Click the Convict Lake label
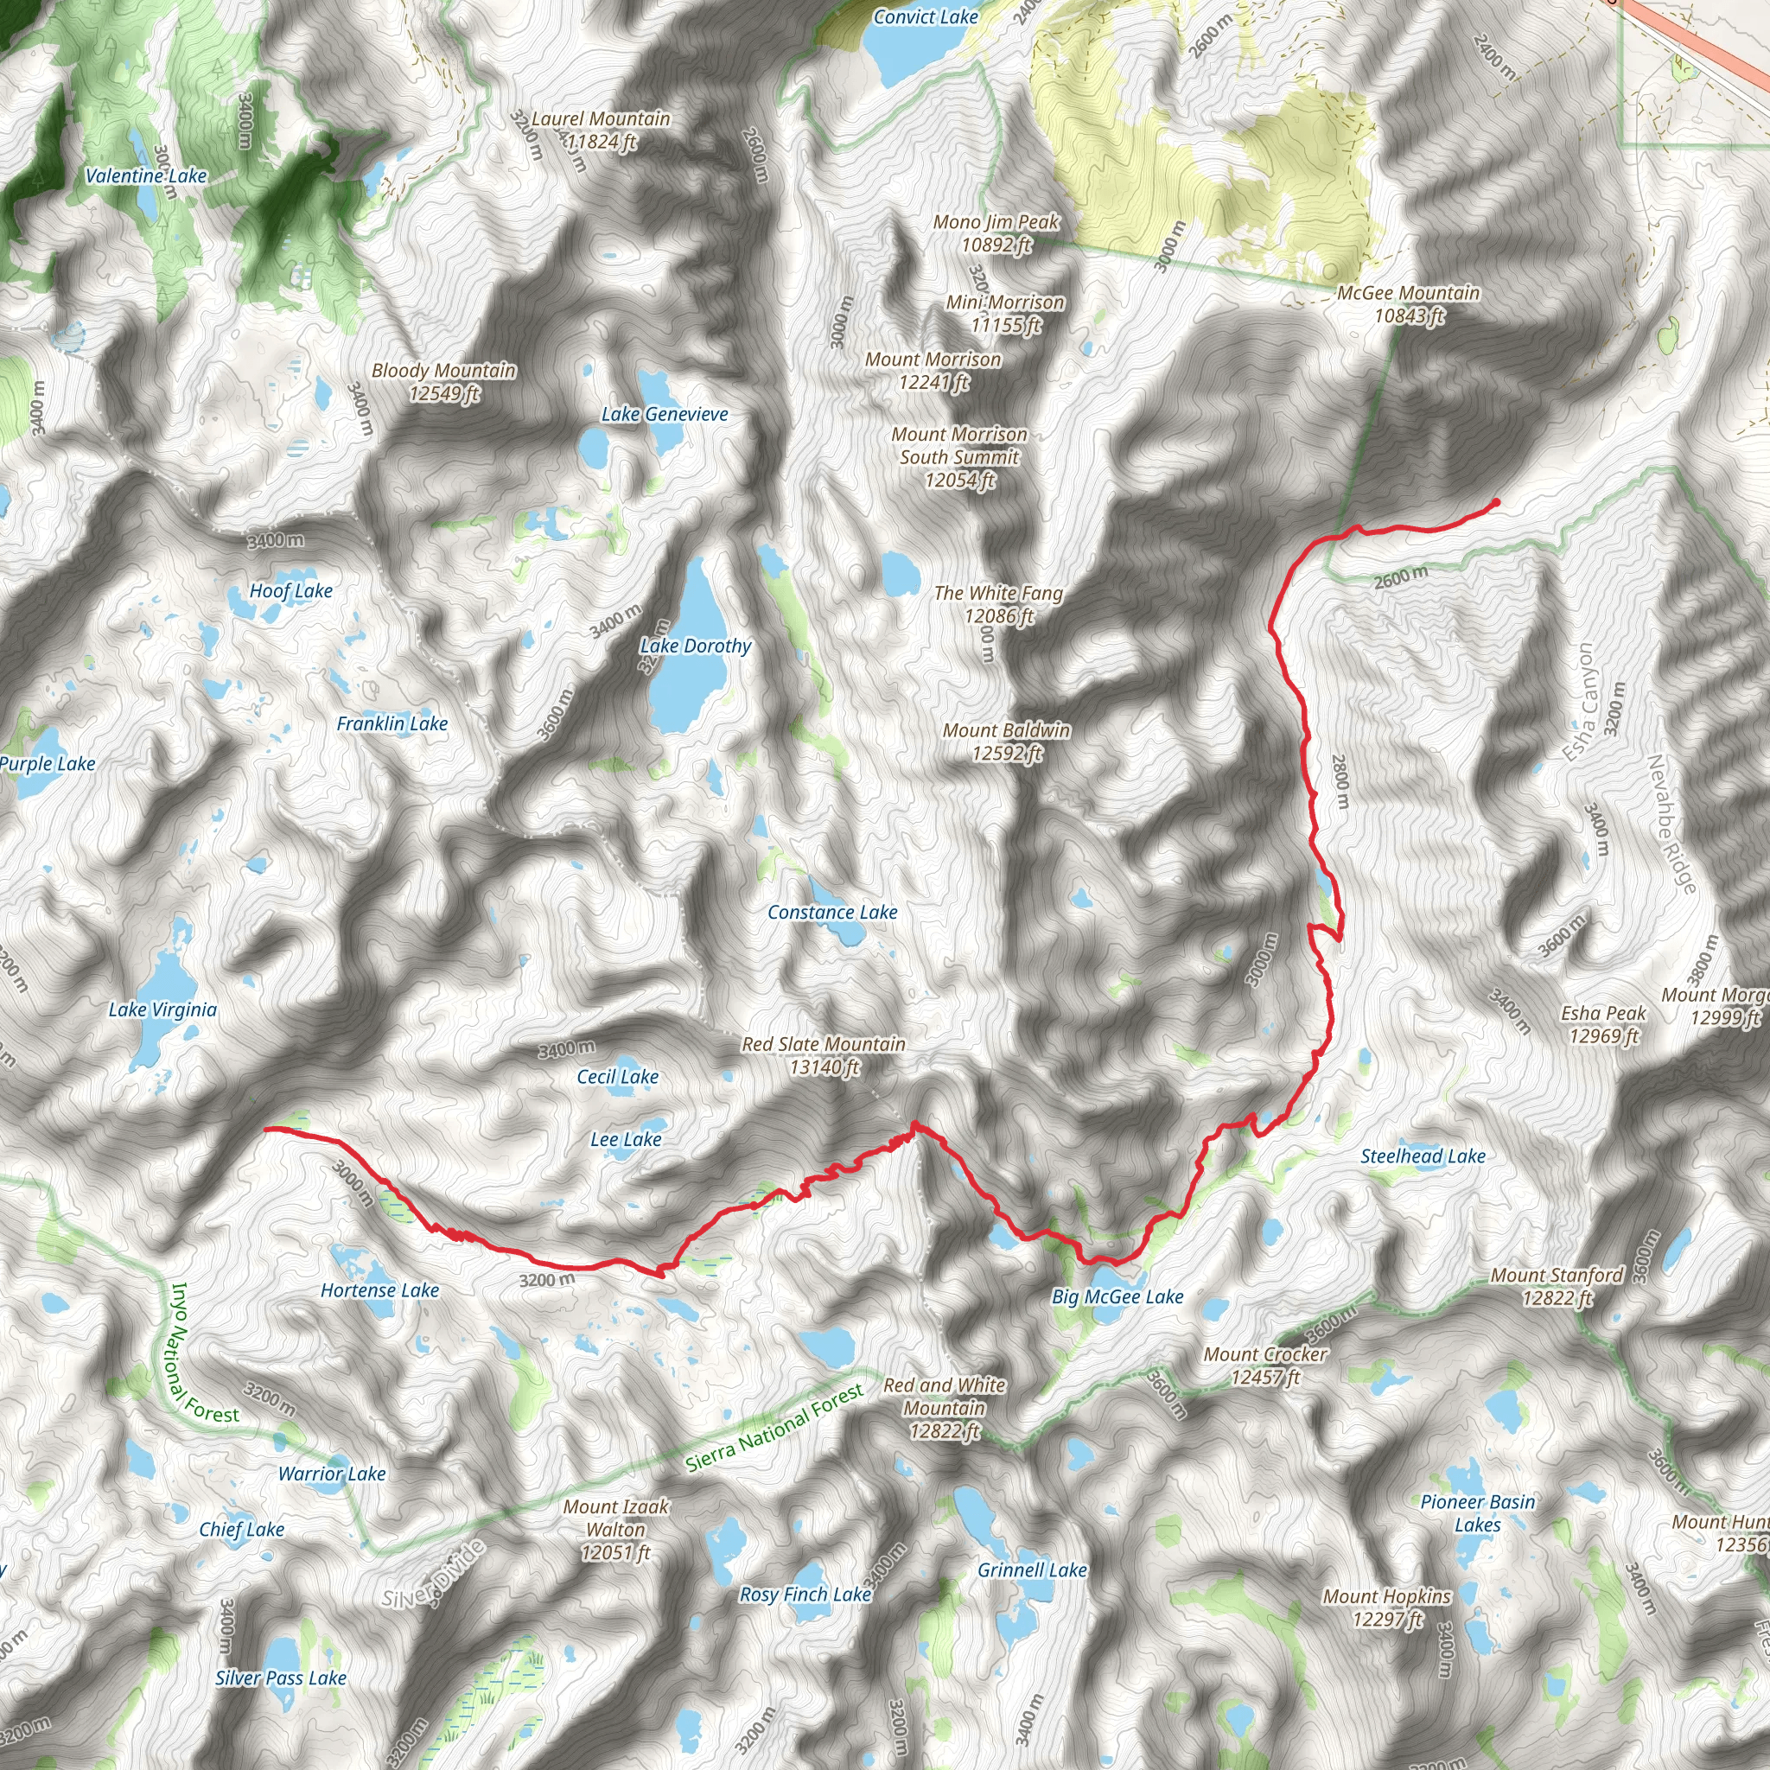(x=926, y=16)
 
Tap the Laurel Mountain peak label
(x=601, y=131)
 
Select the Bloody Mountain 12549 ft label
(x=444, y=382)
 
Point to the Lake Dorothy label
(x=696, y=646)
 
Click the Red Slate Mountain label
(x=824, y=1055)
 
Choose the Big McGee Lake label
(x=1117, y=1296)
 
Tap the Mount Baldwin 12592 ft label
(x=1007, y=742)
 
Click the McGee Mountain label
(x=1408, y=304)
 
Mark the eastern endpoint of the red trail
(x=1495, y=502)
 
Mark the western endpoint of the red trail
(x=265, y=1130)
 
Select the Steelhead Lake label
(x=1423, y=1156)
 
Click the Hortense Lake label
(x=379, y=1290)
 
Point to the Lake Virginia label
(x=163, y=1009)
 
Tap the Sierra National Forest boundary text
(x=774, y=1429)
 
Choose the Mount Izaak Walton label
(x=615, y=1529)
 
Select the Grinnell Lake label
(x=1032, y=1570)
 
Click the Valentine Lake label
(x=147, y=176)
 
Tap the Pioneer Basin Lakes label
(x=1477, y=1513)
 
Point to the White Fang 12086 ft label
(x=998, y=605)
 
